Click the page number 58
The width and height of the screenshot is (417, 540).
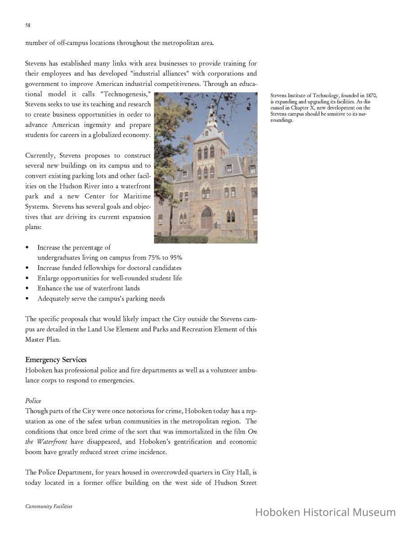[x=27, y=26]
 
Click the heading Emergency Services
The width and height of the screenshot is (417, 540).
[x=56, y=360]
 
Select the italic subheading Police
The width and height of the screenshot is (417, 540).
[x=33, y=400]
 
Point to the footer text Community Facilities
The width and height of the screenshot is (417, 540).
[x=49, y=506]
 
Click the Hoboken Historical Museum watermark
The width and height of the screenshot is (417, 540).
[x=325, y=512]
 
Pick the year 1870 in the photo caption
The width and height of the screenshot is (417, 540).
[x=371, y=95]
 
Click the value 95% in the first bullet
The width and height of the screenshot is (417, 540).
[x=175, y=258]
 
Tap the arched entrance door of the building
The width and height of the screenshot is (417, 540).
[x=206, y=219]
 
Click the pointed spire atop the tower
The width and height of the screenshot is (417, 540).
[x=211, y=108]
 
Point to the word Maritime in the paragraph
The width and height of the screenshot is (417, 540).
[x=138, y=196]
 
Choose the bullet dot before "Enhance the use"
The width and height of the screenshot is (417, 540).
[x=28, y=288]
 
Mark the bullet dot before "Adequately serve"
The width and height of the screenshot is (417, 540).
[x=28, y=299]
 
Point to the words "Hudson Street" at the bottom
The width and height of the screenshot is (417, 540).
[x=235, y=483]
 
